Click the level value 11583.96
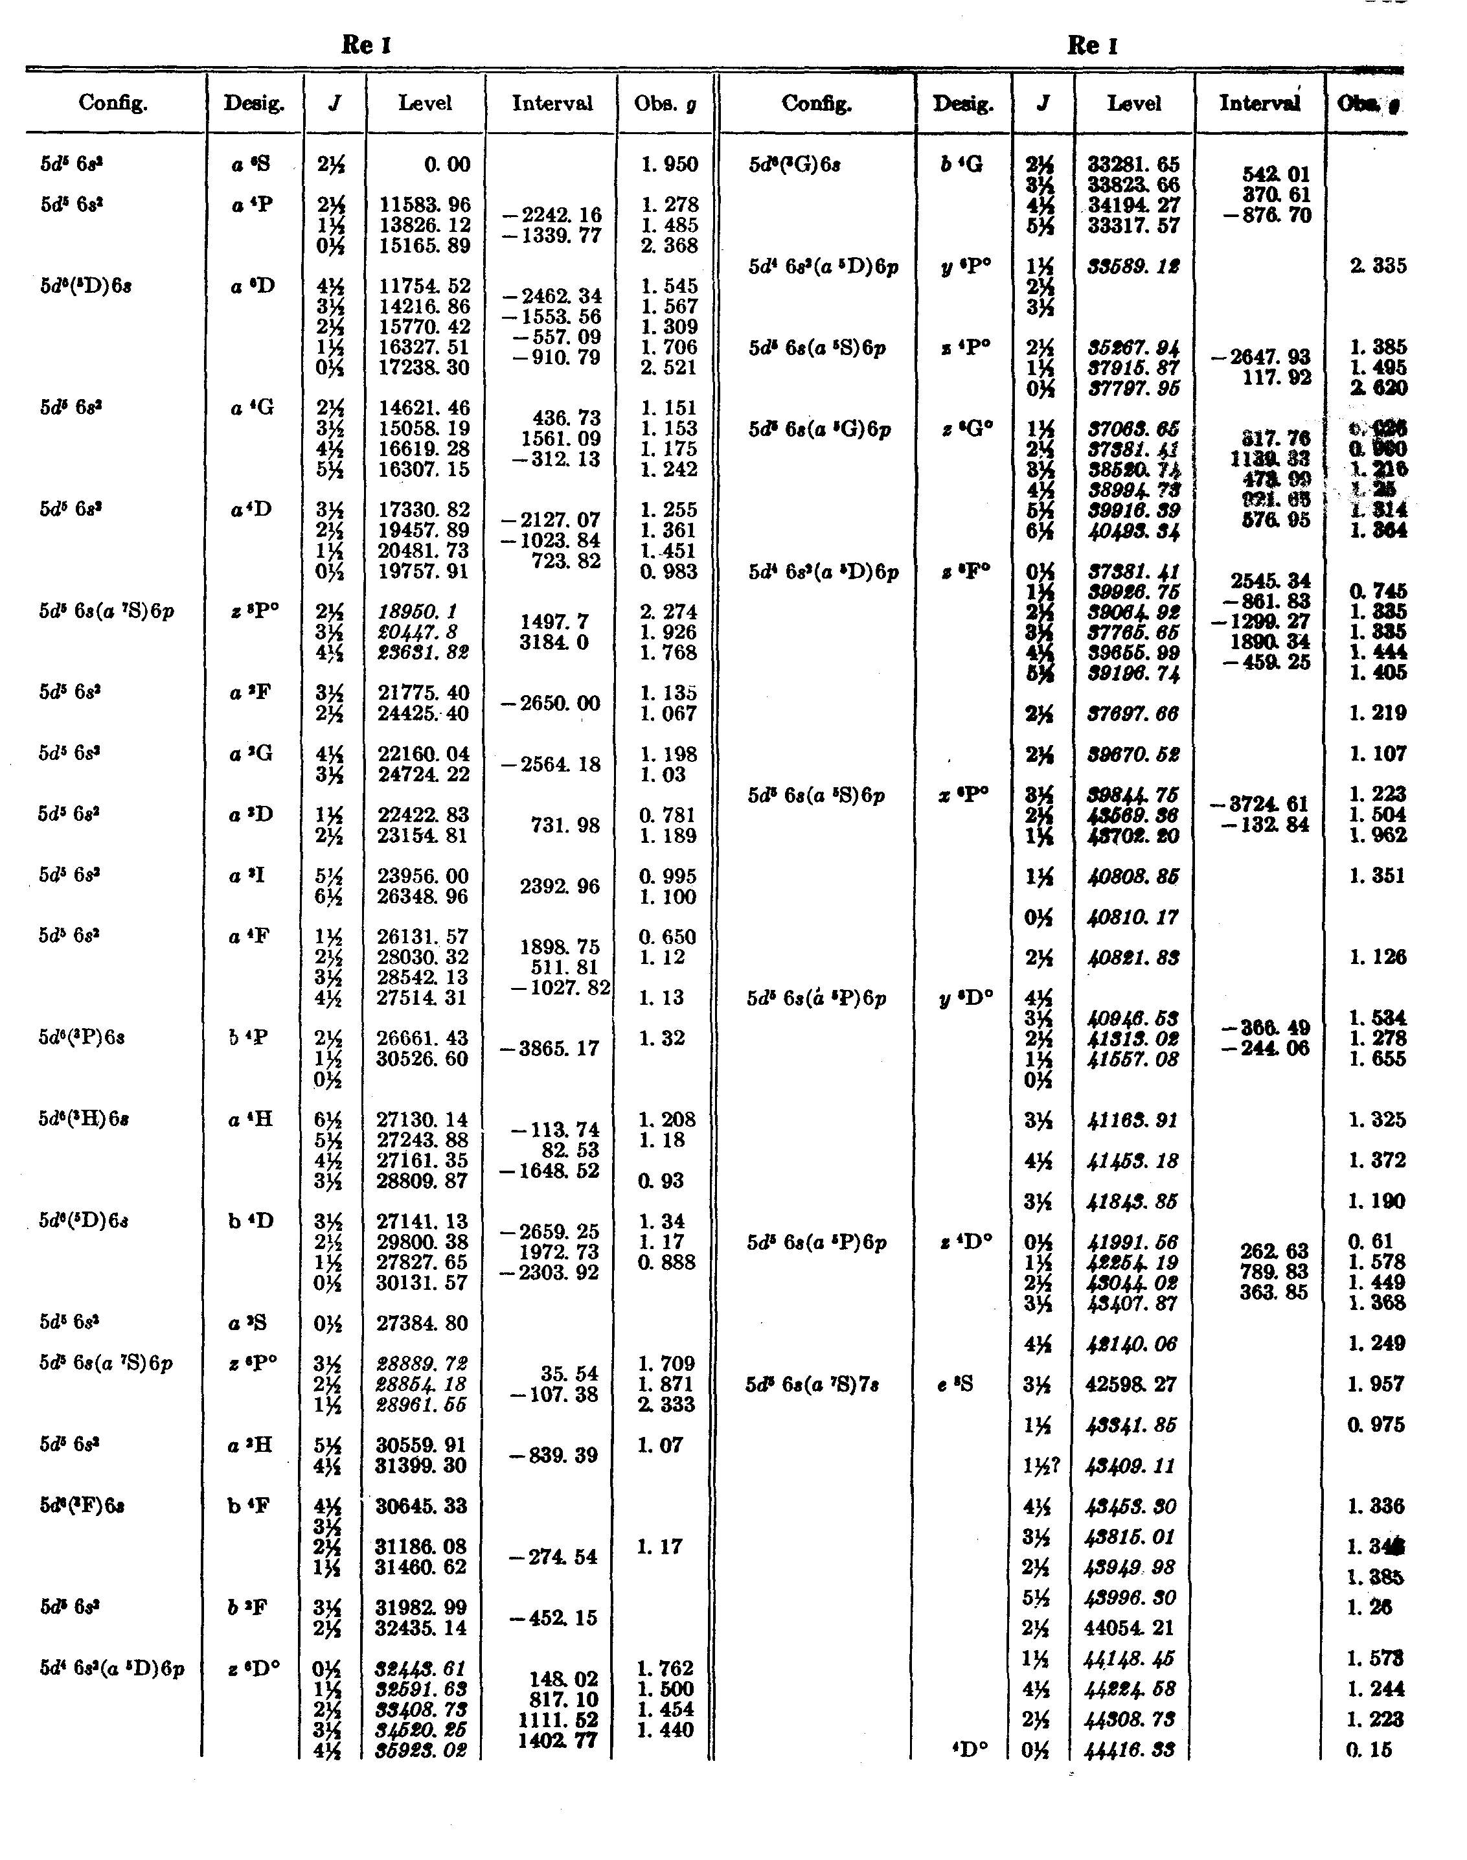424,205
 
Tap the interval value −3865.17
550,1048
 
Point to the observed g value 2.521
668,368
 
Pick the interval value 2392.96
558,887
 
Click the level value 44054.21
1132,1628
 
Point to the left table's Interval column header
552,104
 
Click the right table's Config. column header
817,104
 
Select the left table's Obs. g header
666,104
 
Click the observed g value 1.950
668,164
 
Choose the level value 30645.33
422,1506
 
